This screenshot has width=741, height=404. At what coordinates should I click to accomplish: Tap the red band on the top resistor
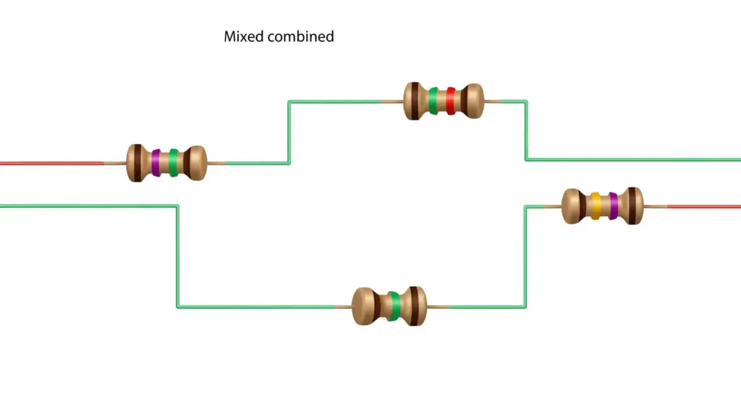(450, 101)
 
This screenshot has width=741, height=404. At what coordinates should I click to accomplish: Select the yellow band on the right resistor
(596, 206)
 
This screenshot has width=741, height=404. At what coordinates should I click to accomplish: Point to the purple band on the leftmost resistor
(156, 163)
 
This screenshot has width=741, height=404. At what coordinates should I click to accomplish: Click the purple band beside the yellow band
(614, 206)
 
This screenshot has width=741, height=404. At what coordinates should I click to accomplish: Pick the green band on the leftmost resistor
(174, 163)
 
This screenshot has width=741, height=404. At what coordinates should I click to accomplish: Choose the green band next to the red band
(433, 101)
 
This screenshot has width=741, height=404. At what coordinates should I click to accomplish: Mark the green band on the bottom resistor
(395, 306)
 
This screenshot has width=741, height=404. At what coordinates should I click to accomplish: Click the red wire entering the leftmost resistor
(52, 164)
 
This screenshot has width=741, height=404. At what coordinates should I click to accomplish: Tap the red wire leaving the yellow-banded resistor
(703, 207)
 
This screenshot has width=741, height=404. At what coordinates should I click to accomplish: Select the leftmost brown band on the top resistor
(415, 101)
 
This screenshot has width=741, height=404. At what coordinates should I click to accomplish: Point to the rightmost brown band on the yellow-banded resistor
(632, 206)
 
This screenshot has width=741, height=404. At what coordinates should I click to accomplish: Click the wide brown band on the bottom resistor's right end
(414, 306)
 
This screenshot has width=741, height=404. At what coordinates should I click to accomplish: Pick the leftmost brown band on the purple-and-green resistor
(137, 163)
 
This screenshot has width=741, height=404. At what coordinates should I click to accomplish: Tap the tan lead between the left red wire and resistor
(115, 164)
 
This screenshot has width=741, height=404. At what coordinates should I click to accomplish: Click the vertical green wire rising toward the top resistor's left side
(289, 132)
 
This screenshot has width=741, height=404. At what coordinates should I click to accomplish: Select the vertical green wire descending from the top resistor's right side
(526, 130)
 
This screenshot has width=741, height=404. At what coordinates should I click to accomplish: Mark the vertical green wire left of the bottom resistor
(178, 256)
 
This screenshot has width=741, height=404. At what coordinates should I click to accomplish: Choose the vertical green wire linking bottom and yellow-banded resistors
(525, 257)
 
